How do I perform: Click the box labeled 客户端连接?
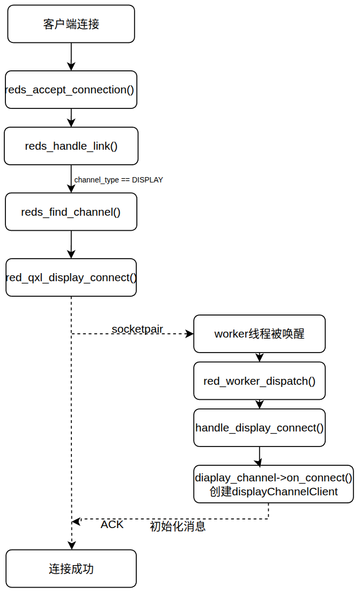point(71,24)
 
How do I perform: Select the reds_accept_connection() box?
point(71,90)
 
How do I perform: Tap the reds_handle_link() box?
point(71,146)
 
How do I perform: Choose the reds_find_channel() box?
point(71,212)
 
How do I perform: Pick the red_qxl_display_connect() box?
point(71,277)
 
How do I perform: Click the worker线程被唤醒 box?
point(259,334)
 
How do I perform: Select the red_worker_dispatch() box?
point(259,381)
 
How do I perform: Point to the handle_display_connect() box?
point(259,428)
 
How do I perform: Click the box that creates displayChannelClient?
point(274,484)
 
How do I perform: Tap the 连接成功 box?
point(71,569)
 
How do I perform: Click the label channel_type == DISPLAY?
point(119,180)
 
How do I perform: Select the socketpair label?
point(137,328)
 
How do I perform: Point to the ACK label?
point(112,524)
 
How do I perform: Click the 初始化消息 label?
point(178,526)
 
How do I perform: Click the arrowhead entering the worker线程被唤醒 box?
point(189,334)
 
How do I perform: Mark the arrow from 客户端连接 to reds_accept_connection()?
point(71,56)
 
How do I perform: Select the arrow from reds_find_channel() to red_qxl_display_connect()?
point(71,245)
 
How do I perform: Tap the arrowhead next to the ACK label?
point(76,520)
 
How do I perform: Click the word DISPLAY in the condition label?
point(148,180)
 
